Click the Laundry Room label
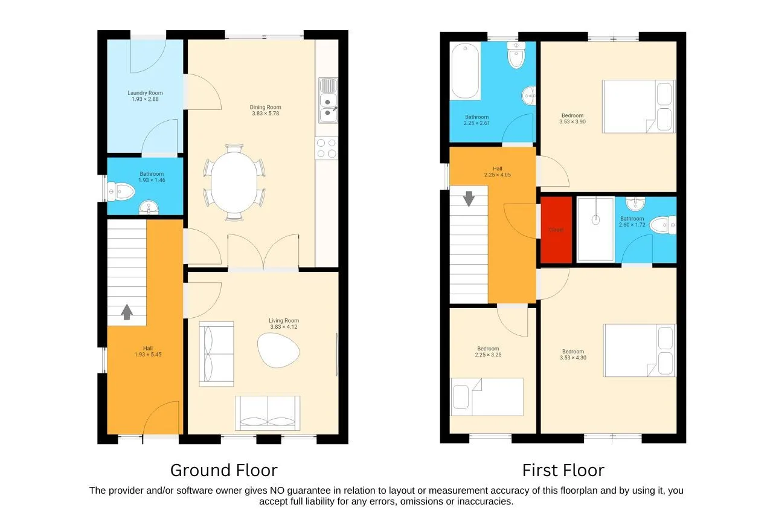(145, 93)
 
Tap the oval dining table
(233, 182)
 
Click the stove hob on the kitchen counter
(326, 148)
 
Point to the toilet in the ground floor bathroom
(120, 192)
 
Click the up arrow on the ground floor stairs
(127, 312)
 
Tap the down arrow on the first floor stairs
(469, 198)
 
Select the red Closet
(556, 230)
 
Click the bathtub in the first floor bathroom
(466, 71)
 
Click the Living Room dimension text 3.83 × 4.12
(284, 327)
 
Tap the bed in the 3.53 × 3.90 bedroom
(638, 107)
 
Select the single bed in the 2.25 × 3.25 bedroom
(487, 397)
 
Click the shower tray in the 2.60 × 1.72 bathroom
(595, 229)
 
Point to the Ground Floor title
(223, 470)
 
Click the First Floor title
(563, 470)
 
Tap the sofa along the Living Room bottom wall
(268, 413)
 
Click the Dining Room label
(266, 107)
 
